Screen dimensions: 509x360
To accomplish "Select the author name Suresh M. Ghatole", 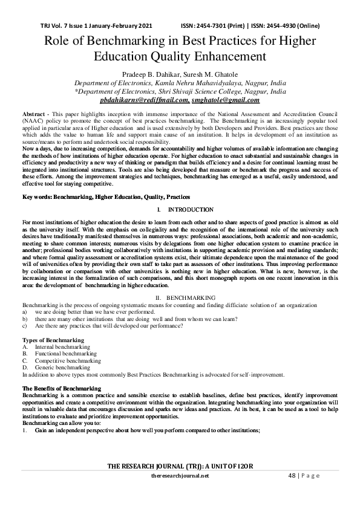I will pyautogui.click(x=208, y=74).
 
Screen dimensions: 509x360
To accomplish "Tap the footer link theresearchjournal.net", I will pyautogui.click(x=180, y=476).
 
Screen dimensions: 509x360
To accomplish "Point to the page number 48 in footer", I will pyautogui.click(x=293, y=476).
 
